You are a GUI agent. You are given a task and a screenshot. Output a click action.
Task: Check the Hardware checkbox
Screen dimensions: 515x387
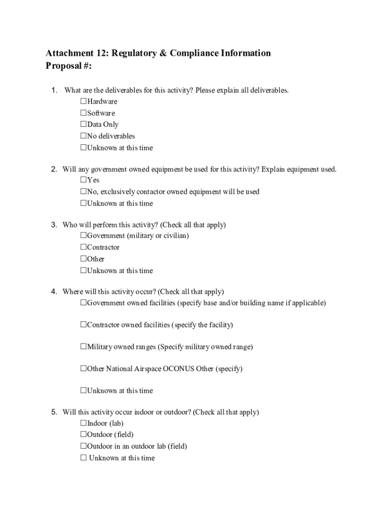pyautogui.click(x=83, y=102)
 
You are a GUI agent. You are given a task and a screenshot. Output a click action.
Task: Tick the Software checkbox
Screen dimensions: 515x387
pyautogui.click(x=83, y=113)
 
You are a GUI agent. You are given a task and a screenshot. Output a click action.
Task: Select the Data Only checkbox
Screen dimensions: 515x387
pyautogui.click(x=83, y=124)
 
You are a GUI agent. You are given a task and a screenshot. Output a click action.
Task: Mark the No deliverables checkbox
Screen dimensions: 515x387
pyautogui.click(x=83, y=136)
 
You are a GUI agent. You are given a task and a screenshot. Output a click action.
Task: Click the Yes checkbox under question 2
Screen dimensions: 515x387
pyautogui.click(x=83, y=180)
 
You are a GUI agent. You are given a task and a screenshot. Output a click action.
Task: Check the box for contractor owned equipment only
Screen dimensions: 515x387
pyautogui.click(x=83, y=192)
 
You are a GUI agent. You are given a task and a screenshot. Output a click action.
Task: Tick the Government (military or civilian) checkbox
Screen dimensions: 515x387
pyautogui.click(x=83, y=235)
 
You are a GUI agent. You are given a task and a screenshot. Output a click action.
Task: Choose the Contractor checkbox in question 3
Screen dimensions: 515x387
pyautogui.click(x=83, y=247)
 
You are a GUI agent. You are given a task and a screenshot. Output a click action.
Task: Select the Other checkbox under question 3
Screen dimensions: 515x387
pyautogui.click(x=83, y=259)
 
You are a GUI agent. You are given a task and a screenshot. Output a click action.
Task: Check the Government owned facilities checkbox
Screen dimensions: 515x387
pyautogui.click(x=83, y=303)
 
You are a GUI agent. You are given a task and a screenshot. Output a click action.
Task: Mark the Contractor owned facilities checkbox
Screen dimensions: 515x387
pyautogui.click(x=83, y=325)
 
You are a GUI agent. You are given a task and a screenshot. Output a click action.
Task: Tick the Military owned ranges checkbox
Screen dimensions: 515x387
pyautogui.click(x=83, y=347)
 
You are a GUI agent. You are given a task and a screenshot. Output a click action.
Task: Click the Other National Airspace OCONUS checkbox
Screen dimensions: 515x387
pyautogui.click(x=83, y=369)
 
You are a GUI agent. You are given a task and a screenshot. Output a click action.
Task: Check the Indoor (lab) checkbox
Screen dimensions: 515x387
pyautogui.click(x=83, y=423)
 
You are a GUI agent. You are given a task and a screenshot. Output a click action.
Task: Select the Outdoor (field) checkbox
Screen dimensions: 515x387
pyautogui.click(x=83, y=435)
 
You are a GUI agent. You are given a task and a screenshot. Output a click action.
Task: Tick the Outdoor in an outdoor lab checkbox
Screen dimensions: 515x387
pyautogui.click(x=83, y=446)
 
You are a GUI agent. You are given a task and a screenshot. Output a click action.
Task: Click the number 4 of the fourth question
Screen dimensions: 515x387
pyautogui.click(x=53, y=292)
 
